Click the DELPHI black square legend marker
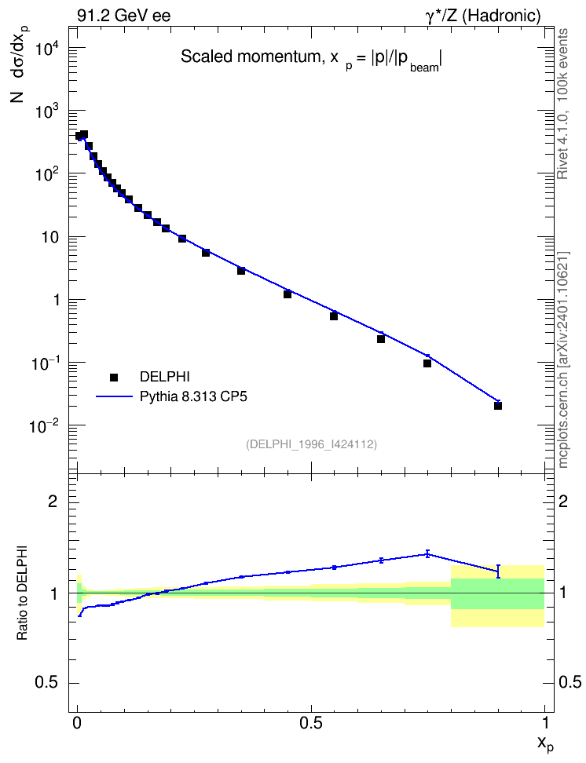tap(114, 377)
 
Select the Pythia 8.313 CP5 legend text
tap(193, 396)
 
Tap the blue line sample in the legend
tap(114, 397)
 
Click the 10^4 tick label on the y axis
tap(48, 49)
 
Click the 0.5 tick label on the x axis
tap(311, 723)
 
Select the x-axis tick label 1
tap(545, 723)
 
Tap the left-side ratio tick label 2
tap(53, 502)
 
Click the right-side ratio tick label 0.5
tap(570, 683)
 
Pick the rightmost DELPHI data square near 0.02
tap(498, 405)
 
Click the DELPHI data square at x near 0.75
tap(427, 363)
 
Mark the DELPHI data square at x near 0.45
tap(288, 294)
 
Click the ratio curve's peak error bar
tap(427, 553)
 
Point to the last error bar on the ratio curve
tap(498, 571)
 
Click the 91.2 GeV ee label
tap(124, 16)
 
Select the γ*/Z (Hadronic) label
tap(483, 16)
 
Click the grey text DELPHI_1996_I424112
tap(312, 444)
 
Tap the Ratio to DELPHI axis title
tap(23, 592)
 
